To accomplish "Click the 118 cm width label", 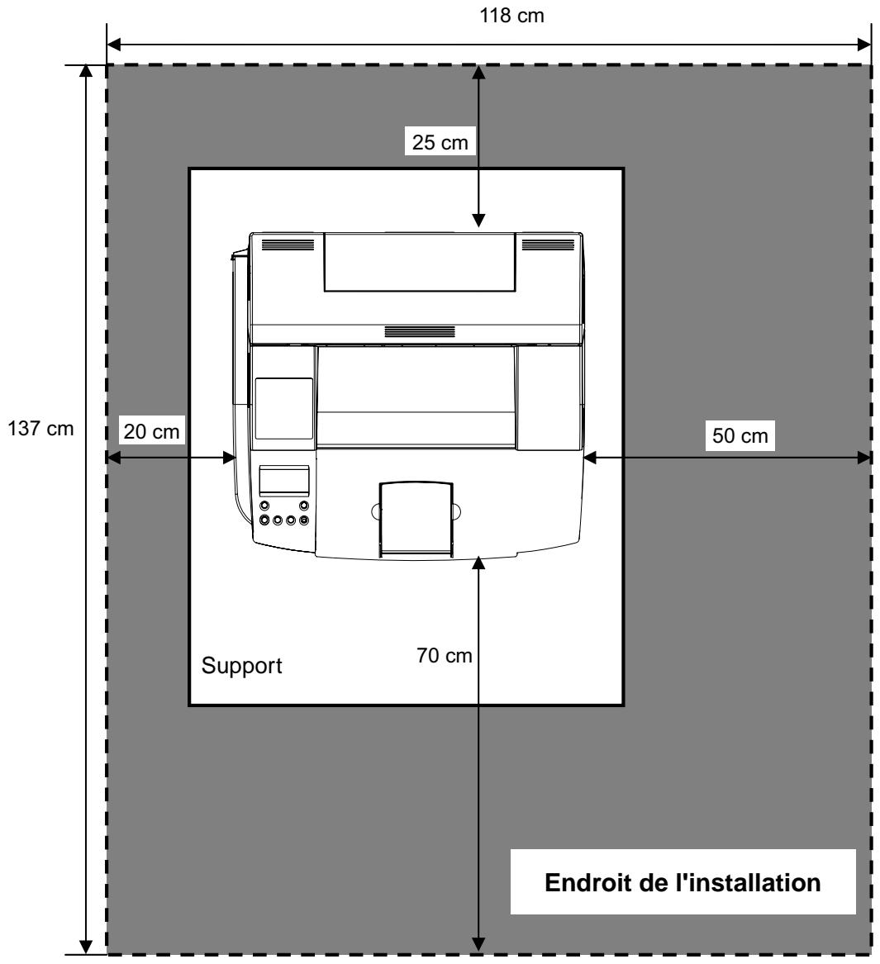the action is tap(511, 16).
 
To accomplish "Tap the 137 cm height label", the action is tap(40, 429).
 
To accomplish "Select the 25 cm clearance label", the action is tap(440, 142).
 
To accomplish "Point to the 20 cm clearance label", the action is tap(151, 431).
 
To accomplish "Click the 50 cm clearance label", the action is tap(740, 436).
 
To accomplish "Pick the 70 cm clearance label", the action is tap(444, 655).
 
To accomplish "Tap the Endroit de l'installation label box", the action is tap(683, 881).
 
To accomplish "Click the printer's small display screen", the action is tap(284, 481).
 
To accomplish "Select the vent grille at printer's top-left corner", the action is tap(288, 245).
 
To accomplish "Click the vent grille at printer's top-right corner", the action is tap(548, 245).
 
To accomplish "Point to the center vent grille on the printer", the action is tap(420, 332).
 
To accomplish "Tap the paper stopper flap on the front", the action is tap(416, 519).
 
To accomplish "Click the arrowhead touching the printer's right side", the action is tap(590, 458).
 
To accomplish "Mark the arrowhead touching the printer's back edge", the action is tap(478, 220).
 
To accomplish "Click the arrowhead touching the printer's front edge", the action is tap(478, 563).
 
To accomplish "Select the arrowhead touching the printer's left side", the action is tap(228, 458).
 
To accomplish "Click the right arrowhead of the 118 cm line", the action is tap(864, 45).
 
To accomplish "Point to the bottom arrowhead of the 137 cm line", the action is tap(86, 947).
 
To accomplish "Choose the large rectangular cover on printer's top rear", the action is tap(420, 263).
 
